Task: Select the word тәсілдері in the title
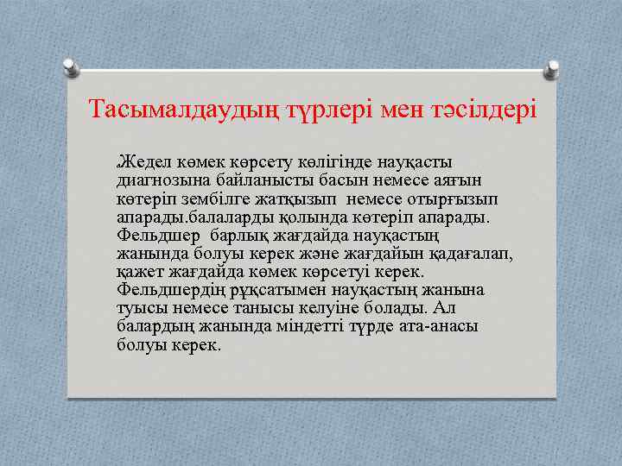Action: tap(480, 110)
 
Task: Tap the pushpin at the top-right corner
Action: tap(550, 67)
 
